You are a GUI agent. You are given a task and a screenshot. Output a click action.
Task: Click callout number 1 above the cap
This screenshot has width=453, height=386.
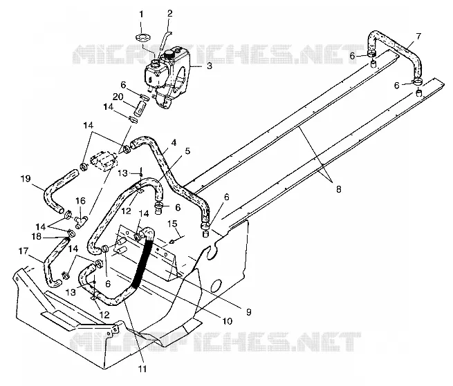click(x=141, y=15)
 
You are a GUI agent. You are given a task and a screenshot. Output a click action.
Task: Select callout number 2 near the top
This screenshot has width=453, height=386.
click(x=170, y=13)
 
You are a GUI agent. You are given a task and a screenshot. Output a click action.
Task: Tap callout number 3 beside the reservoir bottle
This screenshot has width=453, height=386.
click(x=209, y=66)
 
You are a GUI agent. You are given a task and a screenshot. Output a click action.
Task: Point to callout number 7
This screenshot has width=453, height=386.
click(x=418, y=37)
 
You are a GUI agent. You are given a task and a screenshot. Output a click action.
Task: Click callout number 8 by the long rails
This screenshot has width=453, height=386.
click(x=339, y=189)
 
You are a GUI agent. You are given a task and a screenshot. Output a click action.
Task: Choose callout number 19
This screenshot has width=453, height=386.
click(x=26, y=179)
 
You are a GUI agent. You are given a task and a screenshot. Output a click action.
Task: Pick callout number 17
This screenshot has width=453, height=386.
click(x=24, y=251)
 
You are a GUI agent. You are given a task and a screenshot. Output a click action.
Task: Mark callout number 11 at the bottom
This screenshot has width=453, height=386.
click(x=142, y=369)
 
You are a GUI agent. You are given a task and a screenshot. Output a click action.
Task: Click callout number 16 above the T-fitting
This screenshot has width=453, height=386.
click(x=81, y=200)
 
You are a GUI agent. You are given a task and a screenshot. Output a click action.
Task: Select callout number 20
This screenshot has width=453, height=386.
click(x=118, y=97)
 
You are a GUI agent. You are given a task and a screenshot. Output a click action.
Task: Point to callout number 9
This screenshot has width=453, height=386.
click(x=248, y=312)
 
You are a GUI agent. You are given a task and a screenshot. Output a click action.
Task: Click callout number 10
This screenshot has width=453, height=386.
click(x=228, y=321)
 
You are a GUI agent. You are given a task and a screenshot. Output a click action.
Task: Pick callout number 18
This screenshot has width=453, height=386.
click(x=37, y=237)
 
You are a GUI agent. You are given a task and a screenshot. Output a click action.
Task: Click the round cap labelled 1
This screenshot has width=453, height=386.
click(x=142, y=37)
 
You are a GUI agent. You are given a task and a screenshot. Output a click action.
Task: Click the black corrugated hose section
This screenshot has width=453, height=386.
click(x=142, y=260)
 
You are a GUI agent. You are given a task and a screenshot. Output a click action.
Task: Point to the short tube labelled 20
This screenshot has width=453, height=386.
click(x=140, y=108)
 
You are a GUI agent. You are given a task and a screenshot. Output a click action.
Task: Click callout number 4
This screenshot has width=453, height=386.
click(x=174, y=142)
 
